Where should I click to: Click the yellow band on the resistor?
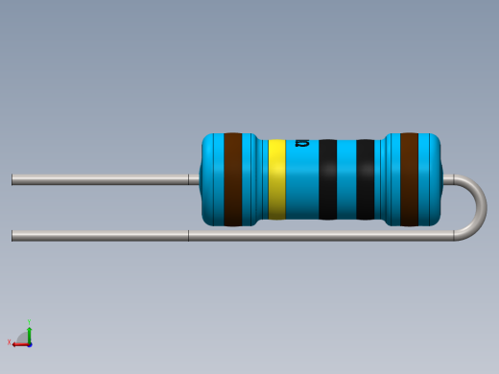276,179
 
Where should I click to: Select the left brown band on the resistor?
232,179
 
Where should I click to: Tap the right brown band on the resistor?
409,179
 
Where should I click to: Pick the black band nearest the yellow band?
328,179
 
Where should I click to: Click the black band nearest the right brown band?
366,179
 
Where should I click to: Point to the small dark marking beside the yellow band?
302,143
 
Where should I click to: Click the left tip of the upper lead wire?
13,178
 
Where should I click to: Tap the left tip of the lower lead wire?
13,235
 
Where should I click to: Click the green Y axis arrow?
30,331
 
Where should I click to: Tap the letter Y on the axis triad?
30,322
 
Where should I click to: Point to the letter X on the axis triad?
9,342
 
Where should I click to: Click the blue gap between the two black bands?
346,179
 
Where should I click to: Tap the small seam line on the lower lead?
188,235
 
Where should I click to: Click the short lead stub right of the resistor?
448,178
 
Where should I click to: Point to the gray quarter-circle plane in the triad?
23,337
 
